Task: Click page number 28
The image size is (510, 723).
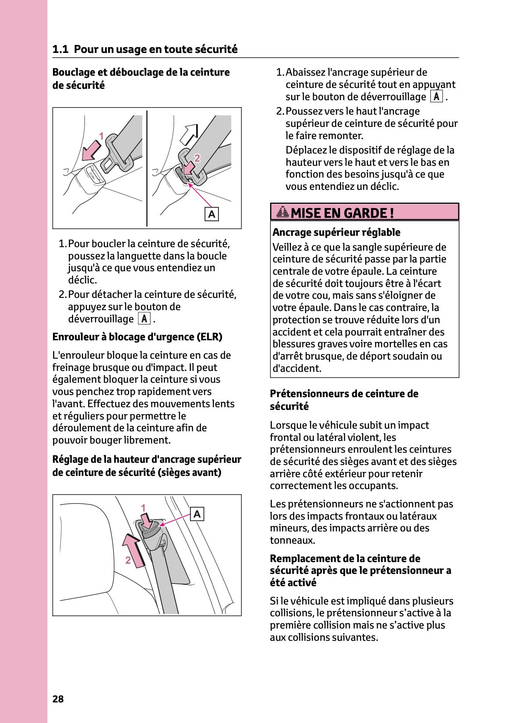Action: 58,699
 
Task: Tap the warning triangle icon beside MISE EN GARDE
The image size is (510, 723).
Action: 283,213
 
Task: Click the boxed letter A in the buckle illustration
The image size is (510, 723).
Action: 212,214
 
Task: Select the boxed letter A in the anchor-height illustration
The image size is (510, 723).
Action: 197,514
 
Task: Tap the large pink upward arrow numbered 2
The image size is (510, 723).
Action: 134,550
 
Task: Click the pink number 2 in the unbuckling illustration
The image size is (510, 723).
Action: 197,158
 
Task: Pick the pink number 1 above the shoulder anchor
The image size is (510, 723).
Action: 143,508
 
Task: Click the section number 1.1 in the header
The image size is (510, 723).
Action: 60,49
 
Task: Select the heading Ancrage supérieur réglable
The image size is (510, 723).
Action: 336,232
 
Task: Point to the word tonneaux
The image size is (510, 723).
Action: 292,540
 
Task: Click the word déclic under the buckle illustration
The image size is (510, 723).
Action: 82,280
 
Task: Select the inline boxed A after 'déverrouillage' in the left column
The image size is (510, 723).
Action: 144,319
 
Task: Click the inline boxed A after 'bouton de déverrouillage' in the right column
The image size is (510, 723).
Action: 436,97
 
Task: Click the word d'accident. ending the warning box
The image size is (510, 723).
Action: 297,368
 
